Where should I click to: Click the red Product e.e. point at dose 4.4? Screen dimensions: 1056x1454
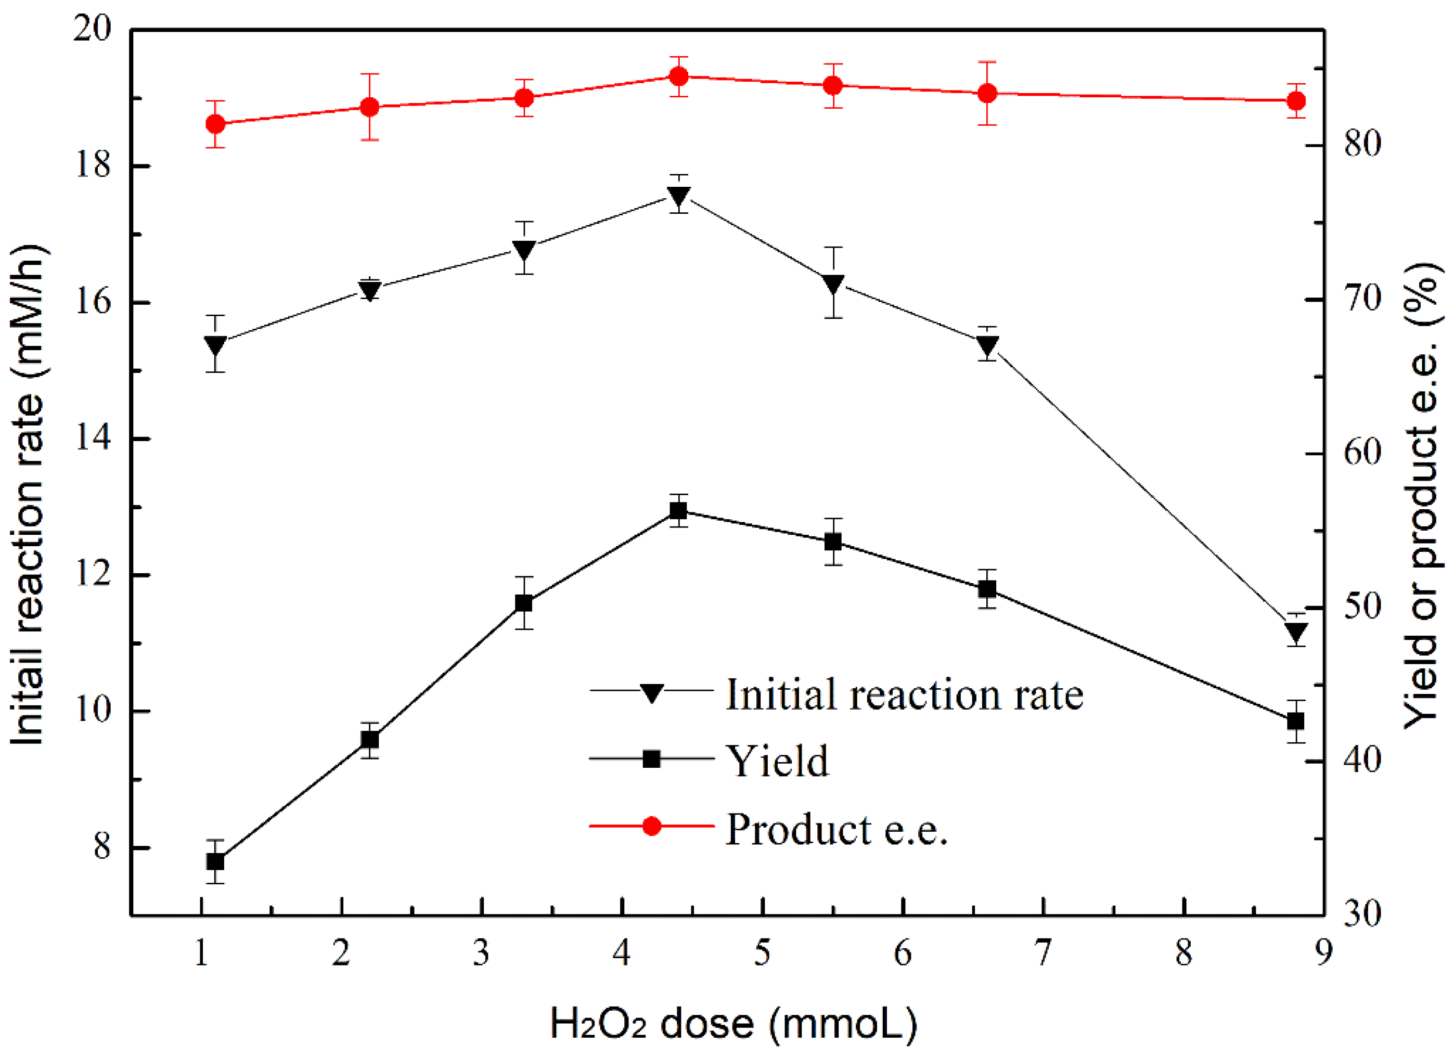678,77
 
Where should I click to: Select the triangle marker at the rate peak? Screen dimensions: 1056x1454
678,195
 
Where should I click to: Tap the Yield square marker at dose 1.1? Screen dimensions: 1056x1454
215,861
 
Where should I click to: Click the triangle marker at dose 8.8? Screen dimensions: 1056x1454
1296,632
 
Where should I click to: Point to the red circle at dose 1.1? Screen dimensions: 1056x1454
215,124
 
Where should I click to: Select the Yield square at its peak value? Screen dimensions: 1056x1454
678,511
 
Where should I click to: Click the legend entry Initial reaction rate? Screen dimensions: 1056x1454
904,694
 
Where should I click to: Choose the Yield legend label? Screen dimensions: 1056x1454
777,761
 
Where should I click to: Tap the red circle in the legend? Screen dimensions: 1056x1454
651,826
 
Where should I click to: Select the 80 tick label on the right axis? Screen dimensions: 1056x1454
1362,144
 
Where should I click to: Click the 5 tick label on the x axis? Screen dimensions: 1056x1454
762,954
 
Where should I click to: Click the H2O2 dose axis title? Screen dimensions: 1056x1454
734,1024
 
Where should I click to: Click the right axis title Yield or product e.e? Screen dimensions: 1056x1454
1424,494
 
